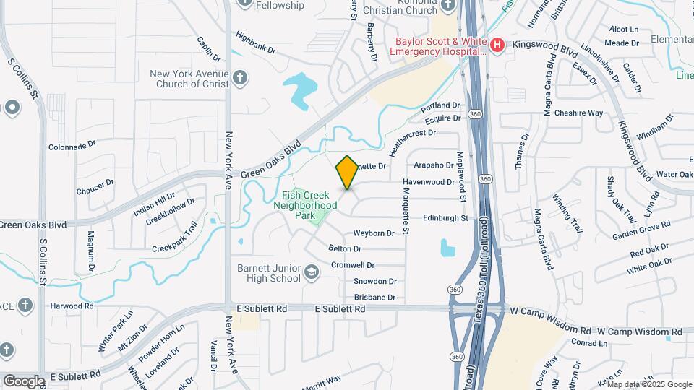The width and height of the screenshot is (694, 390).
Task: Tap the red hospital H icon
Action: [497, 46]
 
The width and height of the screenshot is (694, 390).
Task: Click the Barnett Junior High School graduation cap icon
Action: [311, 272]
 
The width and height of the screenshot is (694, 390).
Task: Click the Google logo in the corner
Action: [24, 381]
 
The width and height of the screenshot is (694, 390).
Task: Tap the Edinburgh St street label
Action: [445, 217]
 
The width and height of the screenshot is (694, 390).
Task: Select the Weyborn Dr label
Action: [374, 233]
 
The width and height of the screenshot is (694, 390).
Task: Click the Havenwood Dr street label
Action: [428, 182]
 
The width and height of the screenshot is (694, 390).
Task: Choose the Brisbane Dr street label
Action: [374, 298]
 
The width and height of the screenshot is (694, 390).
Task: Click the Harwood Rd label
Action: [72, 306]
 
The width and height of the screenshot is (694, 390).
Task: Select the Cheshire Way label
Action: [578, 113]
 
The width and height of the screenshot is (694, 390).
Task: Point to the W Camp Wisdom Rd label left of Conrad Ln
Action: [549, 311]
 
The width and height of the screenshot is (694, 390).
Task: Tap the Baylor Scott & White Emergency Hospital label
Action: [438, 46]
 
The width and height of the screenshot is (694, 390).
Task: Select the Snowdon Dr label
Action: [374, 282]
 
